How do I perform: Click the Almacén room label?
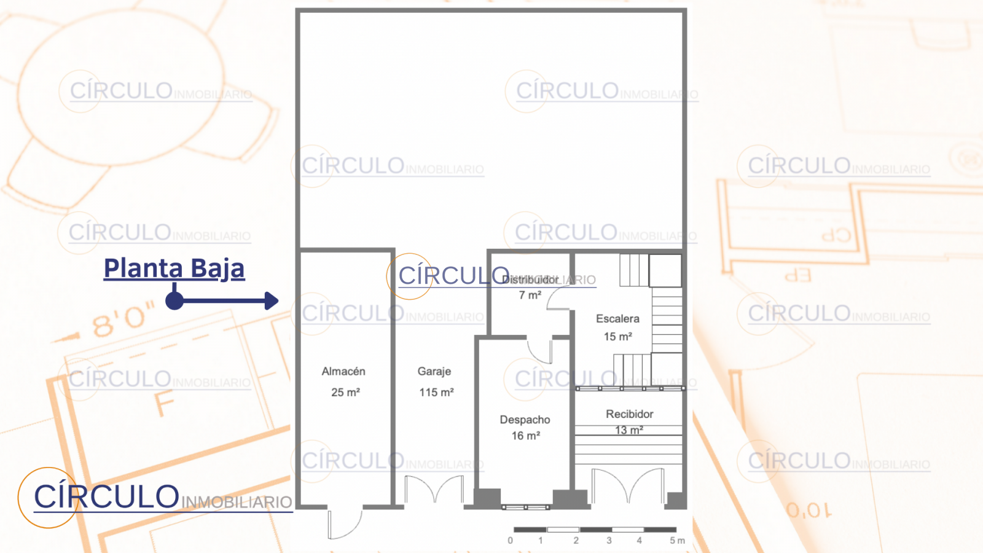tap(343, 371)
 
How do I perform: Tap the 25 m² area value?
tap(345, 392)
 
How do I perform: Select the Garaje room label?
tap(434, 371)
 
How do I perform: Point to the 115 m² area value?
tap(436, 392)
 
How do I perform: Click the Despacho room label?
tap(525, 420)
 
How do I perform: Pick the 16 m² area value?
tap(525, 436)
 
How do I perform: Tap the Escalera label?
tap(617, 319)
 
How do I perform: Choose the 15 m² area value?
tap(617, 337)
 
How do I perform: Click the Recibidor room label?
tap(629, 414)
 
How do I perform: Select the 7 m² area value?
tap(530, 295)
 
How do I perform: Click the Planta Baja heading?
tap(174, 269)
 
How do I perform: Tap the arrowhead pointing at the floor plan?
tap(272, 300)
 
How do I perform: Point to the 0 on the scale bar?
tap(510, 541)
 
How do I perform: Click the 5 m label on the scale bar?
tap(676, 541)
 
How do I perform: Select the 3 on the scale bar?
tap(609, 541)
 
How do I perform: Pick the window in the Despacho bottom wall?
tap(526, 507)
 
